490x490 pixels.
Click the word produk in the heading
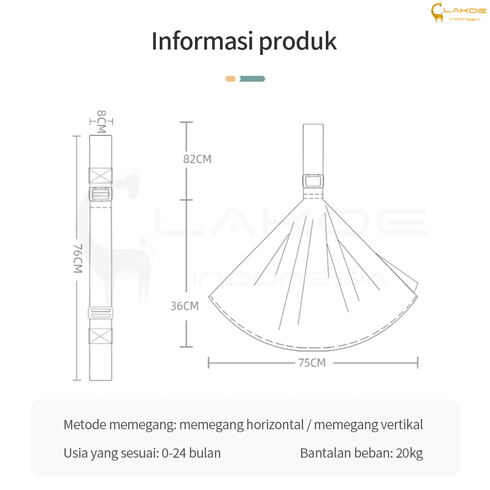[x=298, y=42]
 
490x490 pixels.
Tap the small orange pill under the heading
[x=231, y=79]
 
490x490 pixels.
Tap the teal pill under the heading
[x=252, y=79]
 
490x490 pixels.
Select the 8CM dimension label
[x=101, y=121]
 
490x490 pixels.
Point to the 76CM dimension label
[x=77, y=258]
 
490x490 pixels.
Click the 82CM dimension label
[x=197, y=159]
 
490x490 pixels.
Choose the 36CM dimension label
[x=185, y=306]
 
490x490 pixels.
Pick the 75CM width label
[x=312, y=363]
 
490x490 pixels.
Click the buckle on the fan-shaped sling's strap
[x=313, y=181]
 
